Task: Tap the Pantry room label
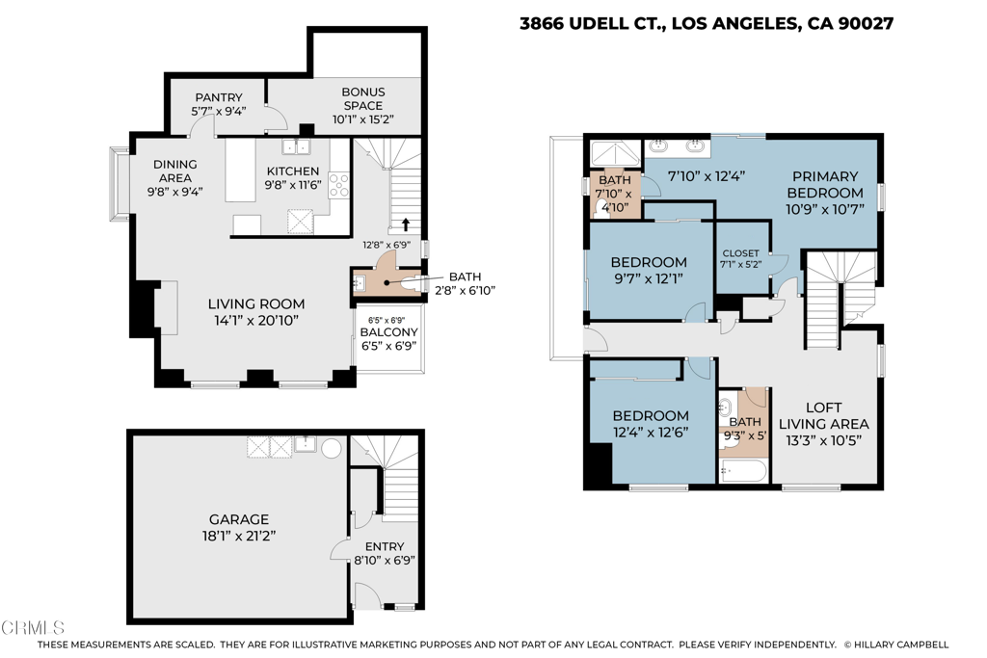pyautogui.click(x=219, y=97)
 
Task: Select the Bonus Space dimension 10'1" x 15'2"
pyautogui.click(x=363, y=119)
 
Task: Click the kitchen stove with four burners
pyautogui.click(x=339, y=186)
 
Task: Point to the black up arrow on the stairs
pyautogui.click(x=406, y=224)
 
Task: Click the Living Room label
pyautogui.click(x=256, y=303)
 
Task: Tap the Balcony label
pyautogui.click(x=389, y=332)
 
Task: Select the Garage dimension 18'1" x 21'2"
pyautogui.click(x=239, y=536)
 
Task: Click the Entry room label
pyautogui.click(x=385, y=546)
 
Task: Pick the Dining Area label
pyautogui.click(x=175, y=171)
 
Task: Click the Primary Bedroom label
pyautogui.click(x=825, y=184)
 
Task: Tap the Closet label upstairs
pyautogui.click(x=741, y=252)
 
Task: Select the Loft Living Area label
pyautogui.click(x=824, y=416)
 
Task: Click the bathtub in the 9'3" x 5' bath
pyautogui.click(x=743, y=470)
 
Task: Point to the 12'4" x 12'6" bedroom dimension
pyautogui.click(x=651, y=433)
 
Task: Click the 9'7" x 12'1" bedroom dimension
pyautogui.click(x=649, y=278)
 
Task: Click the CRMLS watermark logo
pyautogui.click(x=33, y=627)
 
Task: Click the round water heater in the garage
pyautogui.click(x=332, y=448)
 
